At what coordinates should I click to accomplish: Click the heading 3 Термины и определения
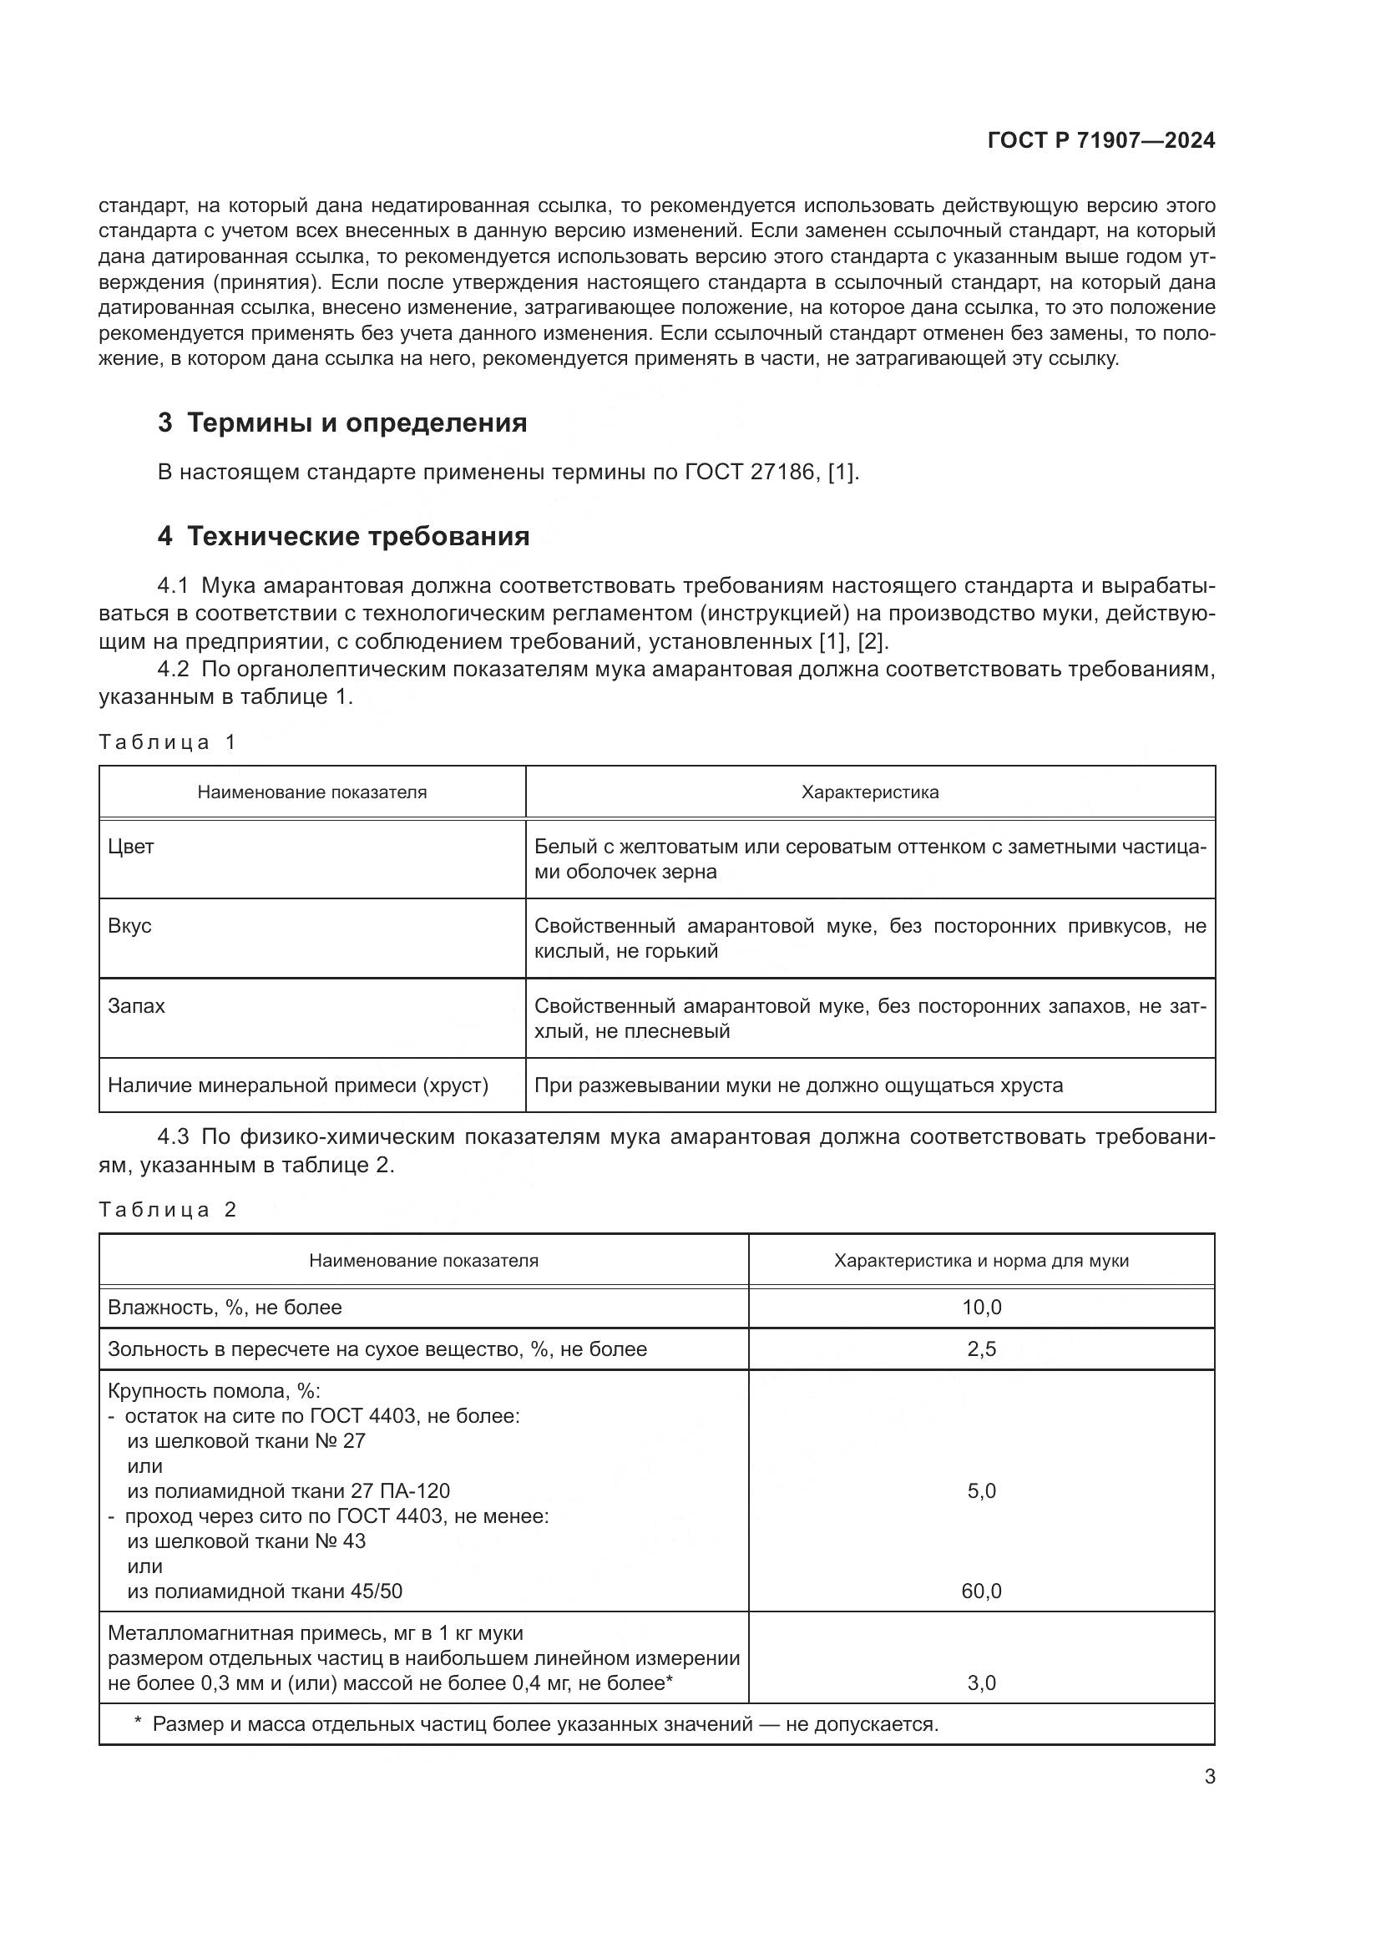click(341, 422)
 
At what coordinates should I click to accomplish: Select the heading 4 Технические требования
click(342, 536)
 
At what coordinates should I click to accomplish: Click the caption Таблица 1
click(167, 741)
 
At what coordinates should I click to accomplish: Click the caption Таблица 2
click(167, 1210)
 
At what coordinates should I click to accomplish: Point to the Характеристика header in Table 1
click(869, 792)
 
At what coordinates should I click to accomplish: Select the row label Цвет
click(131, 847)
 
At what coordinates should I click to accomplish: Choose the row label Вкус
click(129, 925)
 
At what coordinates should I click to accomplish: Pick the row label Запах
click(136, 1005)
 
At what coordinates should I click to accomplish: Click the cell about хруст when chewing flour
click(797, 1085)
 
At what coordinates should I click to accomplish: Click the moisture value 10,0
click(981, 1308)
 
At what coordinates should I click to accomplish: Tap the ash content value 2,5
click(981, 1349)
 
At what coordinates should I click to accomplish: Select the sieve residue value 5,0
click(981, 1491)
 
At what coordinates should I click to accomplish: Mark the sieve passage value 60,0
click(981, 1591)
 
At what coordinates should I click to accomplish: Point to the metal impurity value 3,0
click(981, 1682)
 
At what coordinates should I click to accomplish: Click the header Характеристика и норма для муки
click(981, 1261)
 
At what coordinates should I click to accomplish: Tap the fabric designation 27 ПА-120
click(400, 1491)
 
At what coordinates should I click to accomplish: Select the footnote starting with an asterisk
click(536, 1724)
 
